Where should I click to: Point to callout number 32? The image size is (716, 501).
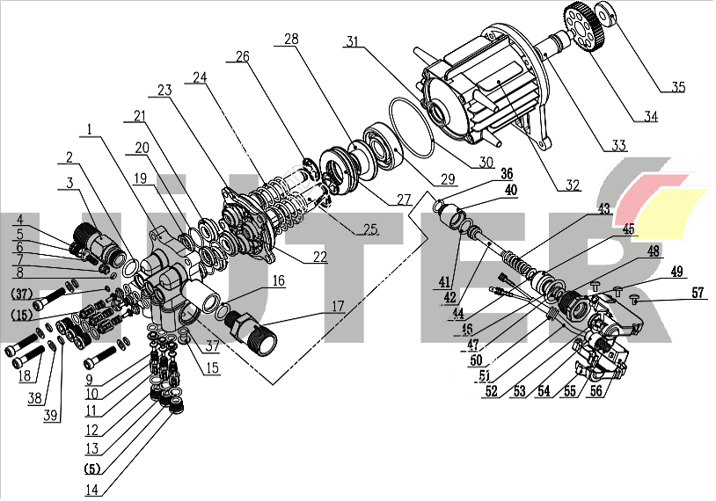573,185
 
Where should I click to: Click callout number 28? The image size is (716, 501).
291,40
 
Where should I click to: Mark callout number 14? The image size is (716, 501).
93,490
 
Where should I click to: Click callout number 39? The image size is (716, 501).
53,415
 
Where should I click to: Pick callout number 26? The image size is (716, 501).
242,57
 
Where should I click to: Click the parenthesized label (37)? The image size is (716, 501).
21,292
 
